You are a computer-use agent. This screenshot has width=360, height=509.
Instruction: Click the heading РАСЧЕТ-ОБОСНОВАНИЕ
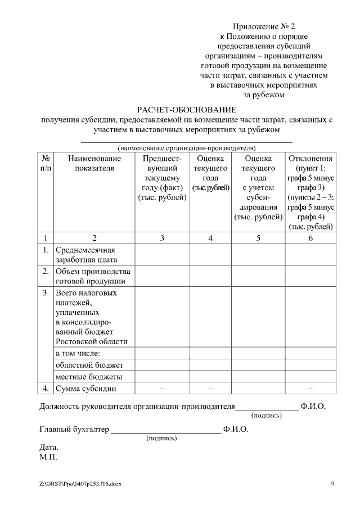pyautogui.click(x=187, y=109)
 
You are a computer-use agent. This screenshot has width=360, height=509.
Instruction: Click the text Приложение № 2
pyautogui.click(x=264, y=26)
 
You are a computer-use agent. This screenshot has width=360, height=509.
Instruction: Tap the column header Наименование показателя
pyautogui.click(x=94, y=163)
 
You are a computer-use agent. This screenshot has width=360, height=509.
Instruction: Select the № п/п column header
pyautogui.click(x=46, y=163)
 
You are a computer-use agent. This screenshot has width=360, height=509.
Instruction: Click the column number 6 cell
pyautogui.click(x=310, y=238)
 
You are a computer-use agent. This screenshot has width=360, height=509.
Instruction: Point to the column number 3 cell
pyautogui.click(x=162, y=238)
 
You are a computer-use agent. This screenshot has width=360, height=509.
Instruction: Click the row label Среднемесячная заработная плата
pyautogui.click(x=85, y=255)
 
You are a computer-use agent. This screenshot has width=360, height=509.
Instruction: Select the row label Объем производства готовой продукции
pyautogui.click(x=93, y=276)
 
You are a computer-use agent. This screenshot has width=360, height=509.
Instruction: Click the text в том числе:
pyautogui.click(x=78, y=353)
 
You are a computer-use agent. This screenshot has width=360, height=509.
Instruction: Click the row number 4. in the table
pyautogui.click(x=46, y=389)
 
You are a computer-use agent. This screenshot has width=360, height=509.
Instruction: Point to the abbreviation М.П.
pyautogui.click(x=48, y=457)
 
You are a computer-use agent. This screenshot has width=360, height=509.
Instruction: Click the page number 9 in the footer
pyautogui.click(x=332, y=484)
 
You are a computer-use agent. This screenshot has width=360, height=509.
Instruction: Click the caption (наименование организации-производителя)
pyautogui.click(x=187, y=148)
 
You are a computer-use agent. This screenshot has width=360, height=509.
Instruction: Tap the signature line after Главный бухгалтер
pyautogui.click(x=166, y=432)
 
